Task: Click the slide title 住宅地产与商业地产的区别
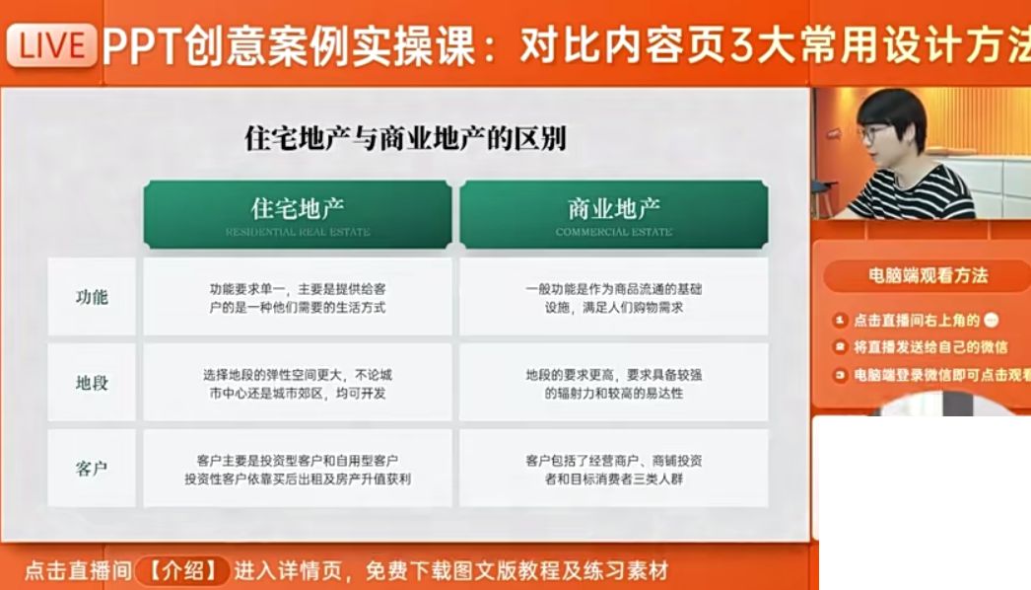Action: tap(405, 139)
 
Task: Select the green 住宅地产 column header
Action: tap(298, 212)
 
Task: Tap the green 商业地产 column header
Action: tap(613, 212)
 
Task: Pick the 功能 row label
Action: tap(92, 297)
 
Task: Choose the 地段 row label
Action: tap(92, 383)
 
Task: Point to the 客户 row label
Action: tap(92, 469)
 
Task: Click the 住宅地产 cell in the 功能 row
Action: tap(298, 297)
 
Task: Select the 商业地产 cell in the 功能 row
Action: tap(613, 297)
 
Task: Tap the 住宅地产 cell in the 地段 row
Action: tap(298, 383)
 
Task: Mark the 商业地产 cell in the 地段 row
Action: tap(613, 383)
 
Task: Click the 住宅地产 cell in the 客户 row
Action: tap(298, 469)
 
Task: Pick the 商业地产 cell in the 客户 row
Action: tap(613, 469)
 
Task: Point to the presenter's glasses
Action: tap(873, 133)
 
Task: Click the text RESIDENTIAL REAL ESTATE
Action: tap(298, 233)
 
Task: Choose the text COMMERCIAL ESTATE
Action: tap(613, 233)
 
